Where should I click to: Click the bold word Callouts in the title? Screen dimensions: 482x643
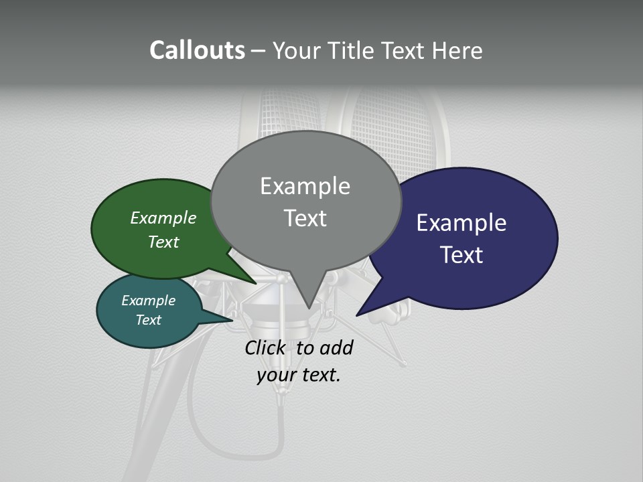pyautogui.click(x=197, y=50)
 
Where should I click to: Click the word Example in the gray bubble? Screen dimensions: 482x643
pyautogui.click(x=305, y=186)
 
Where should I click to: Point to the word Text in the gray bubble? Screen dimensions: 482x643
pyautogui.click(x=305, y=218)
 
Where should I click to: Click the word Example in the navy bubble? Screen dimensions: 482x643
pyautogui.click(x=461, y=223)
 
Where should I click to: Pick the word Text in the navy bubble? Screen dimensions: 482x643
pyautogui.click(x=461, y=255)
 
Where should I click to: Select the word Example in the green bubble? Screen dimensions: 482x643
pyautogui.click(x=163, y=218)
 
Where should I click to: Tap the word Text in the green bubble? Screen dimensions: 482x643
pyautogui.click(x=163, y=242)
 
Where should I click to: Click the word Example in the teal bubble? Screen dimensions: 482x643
pyautogui.click(x=148, y=301)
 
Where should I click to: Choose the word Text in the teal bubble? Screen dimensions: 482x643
pyautogui.click(x=148, y=320)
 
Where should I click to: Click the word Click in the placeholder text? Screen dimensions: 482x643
pyautogui.click(x=264, y=348)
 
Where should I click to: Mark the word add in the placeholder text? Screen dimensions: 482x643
pyautogui.click(x=337, y=348)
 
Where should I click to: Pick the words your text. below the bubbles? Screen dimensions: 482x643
pyautogui.click(x=299, y=375)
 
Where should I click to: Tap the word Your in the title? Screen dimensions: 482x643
pyautogui.click(x=296, y=50)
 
